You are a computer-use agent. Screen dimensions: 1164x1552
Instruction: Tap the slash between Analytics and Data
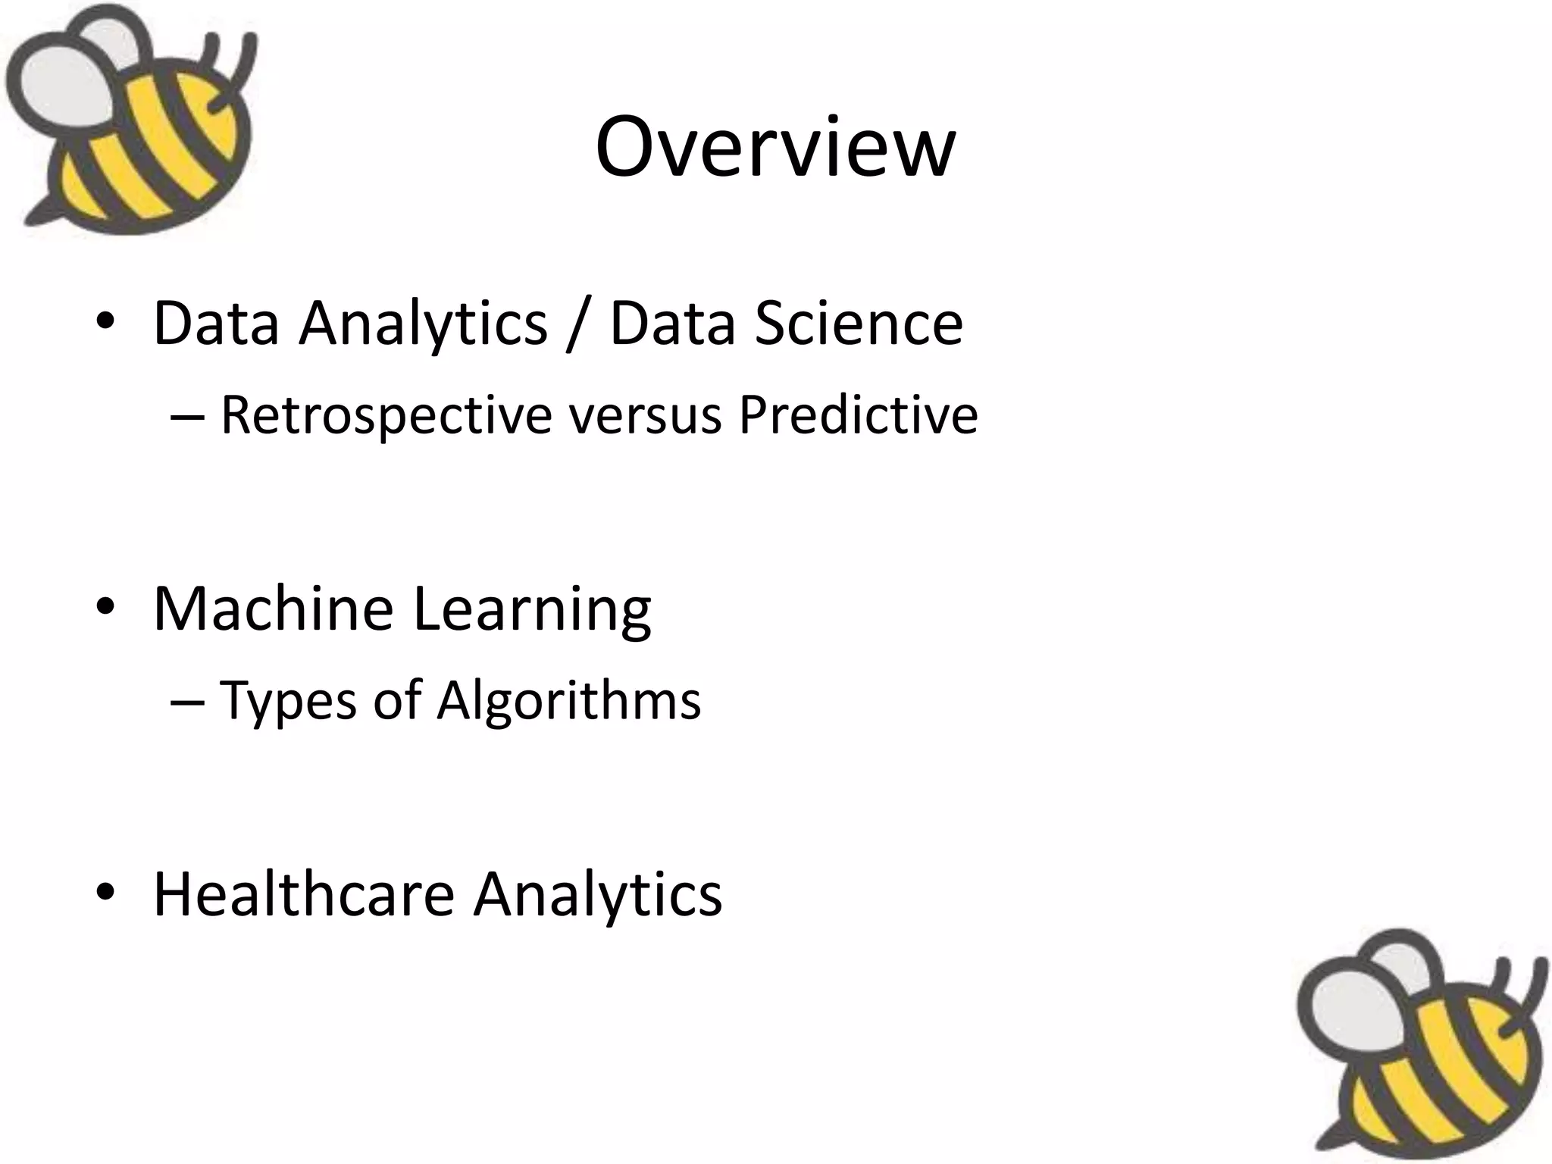click(577, 324)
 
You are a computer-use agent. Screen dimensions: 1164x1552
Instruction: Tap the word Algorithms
click(568, 701)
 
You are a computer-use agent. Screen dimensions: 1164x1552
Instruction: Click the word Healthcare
click(304, 894)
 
